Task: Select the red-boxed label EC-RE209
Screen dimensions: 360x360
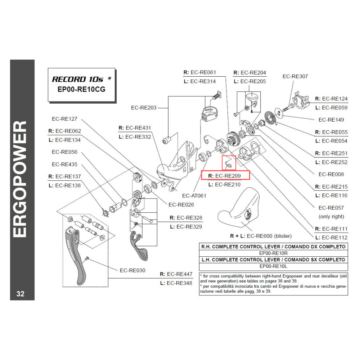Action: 225,176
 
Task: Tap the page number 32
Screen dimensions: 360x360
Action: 21,293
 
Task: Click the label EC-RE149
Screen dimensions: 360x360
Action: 331,120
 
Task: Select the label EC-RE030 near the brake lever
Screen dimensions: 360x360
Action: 132,270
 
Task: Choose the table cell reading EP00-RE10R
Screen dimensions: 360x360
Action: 274,253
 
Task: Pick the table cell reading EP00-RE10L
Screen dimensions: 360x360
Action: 274,266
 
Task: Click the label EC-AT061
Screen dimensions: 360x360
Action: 194,196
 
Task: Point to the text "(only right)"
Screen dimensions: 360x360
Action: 331,216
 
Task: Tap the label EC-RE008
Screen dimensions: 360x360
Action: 331,174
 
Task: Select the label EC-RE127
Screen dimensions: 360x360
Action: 64,119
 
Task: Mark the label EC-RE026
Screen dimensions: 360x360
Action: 181,204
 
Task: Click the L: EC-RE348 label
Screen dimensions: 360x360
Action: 176,283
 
